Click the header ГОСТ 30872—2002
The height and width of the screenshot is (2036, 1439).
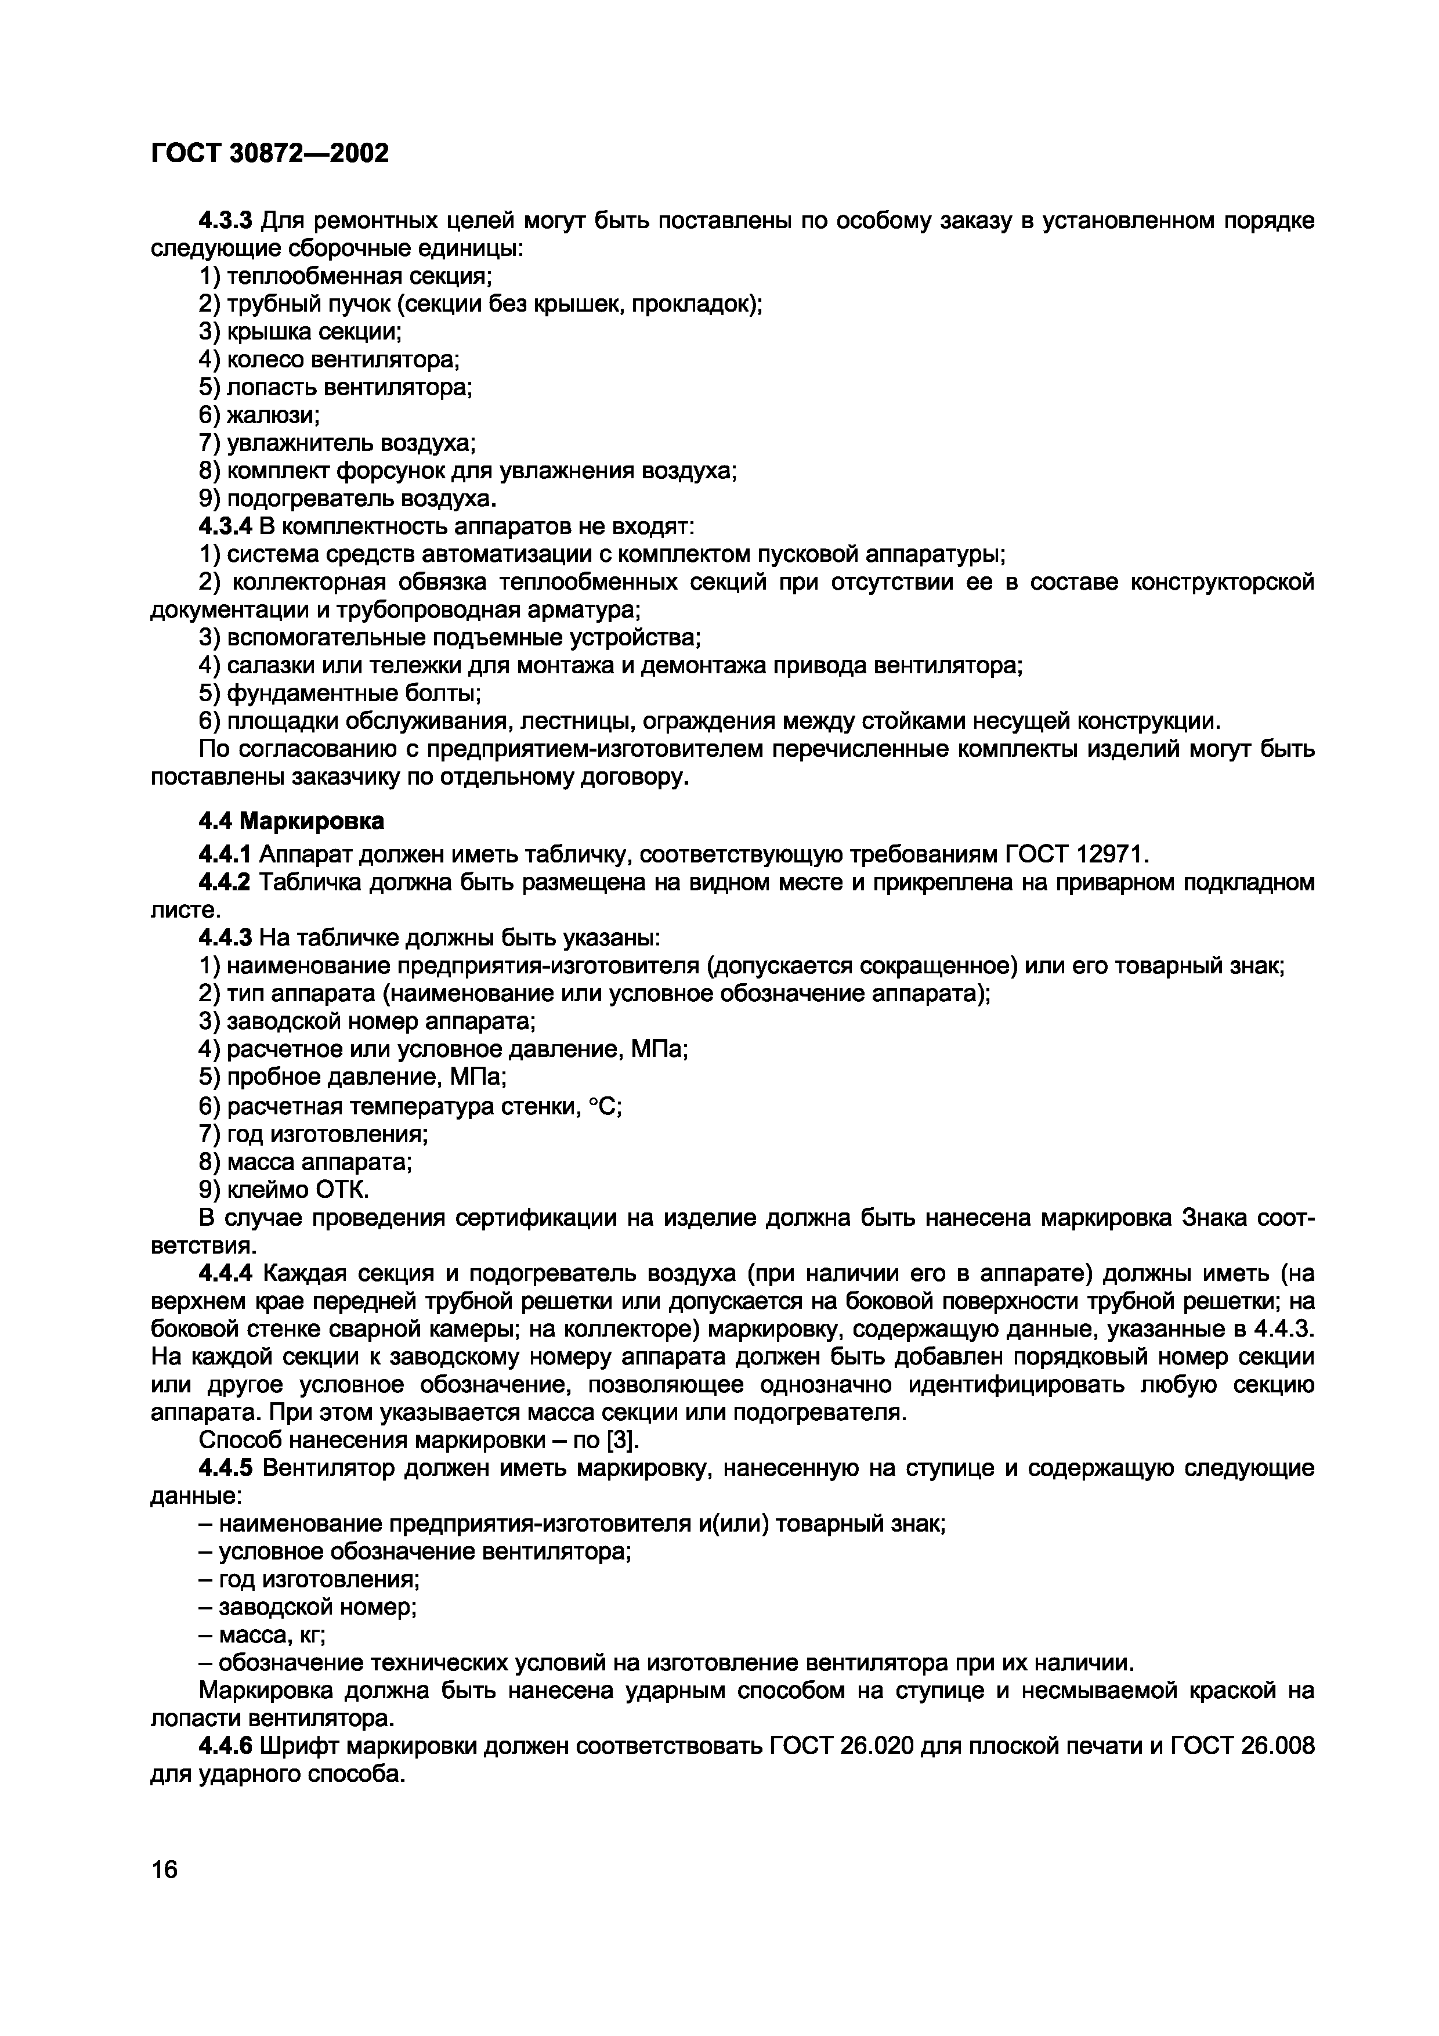(270, 153)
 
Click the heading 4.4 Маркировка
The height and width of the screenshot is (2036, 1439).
(292, 821)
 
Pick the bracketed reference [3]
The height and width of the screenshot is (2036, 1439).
(624, 1440)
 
